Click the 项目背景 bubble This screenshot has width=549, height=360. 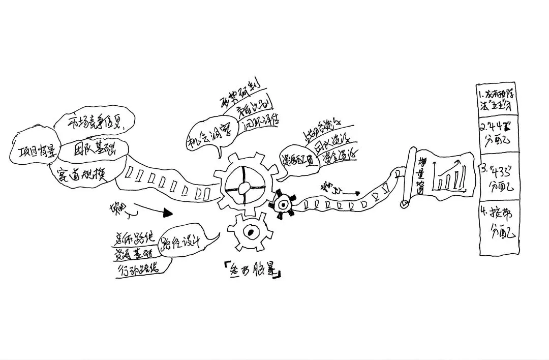[32, 151]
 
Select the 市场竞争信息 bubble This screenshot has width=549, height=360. [95, 122]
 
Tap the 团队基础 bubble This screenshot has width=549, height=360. [95, 148]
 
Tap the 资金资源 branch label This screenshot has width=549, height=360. [340, 156]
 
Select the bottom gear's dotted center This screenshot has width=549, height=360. [250, 233]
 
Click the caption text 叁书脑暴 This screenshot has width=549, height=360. [252, 272]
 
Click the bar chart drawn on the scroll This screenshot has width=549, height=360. [449, 175]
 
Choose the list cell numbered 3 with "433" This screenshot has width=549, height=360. [500, 177]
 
